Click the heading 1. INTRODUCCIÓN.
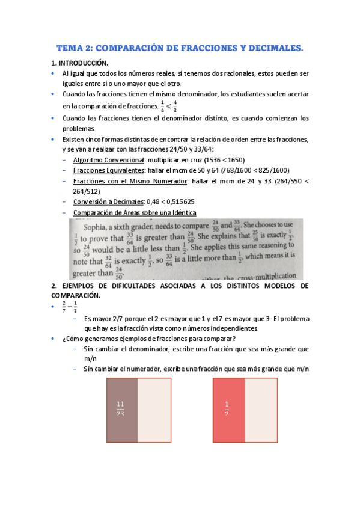80,63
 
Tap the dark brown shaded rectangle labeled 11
122,409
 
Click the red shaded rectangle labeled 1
228,409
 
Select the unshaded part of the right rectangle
261,409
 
